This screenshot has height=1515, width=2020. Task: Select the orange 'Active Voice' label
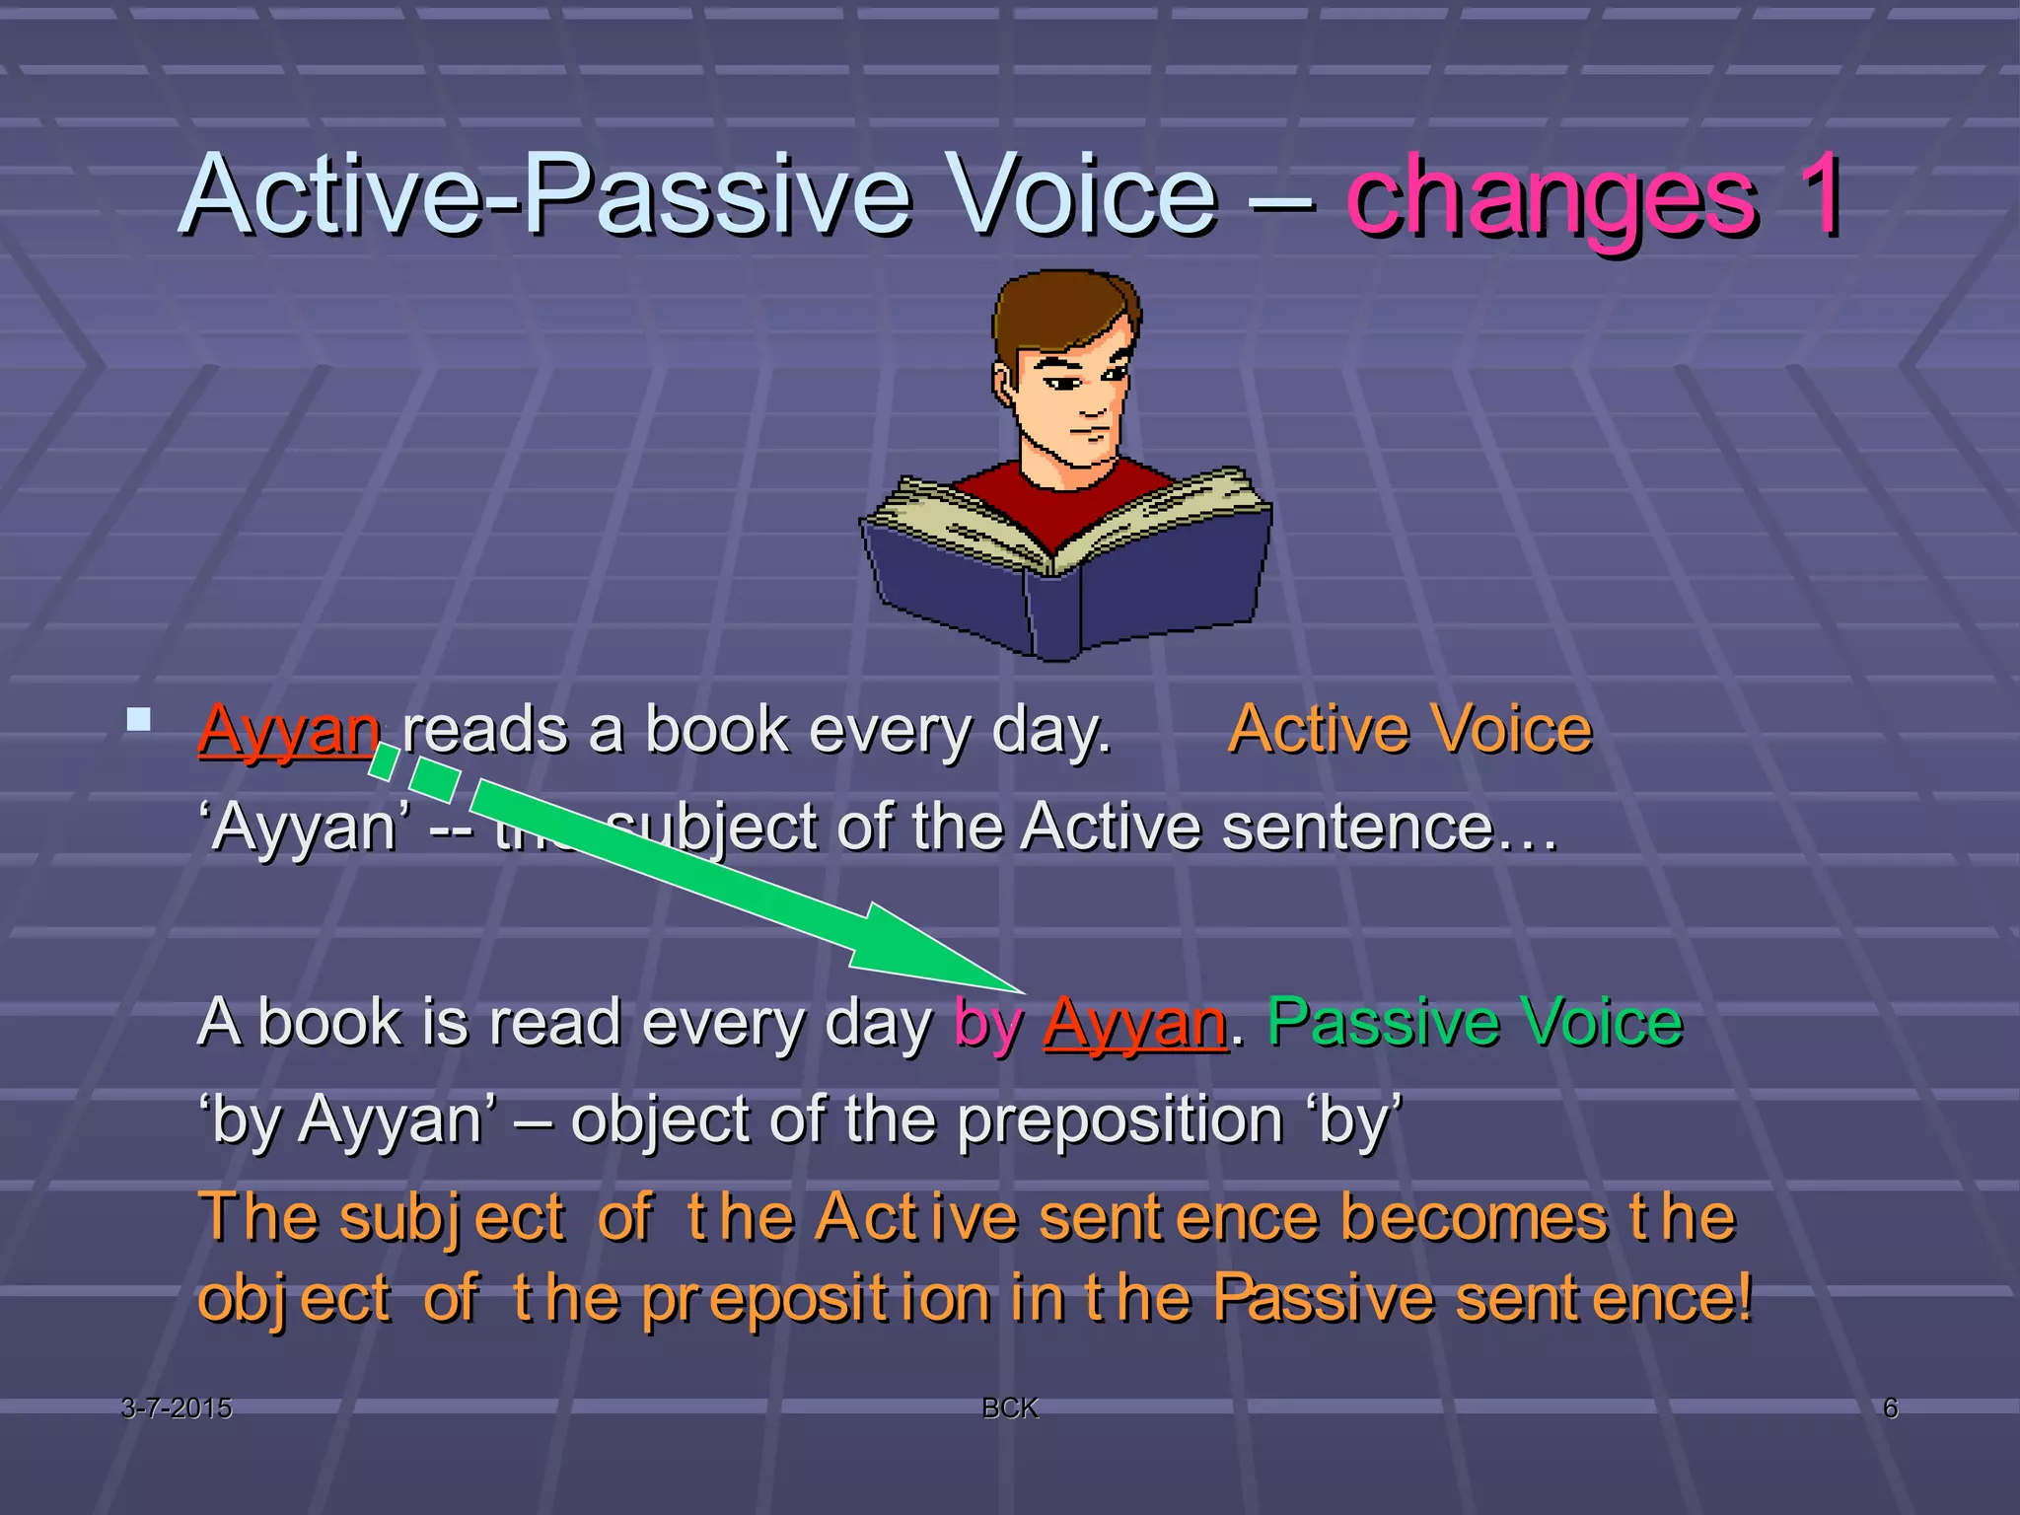point(1409,730)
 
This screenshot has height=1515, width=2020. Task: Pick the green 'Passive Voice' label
point(1475,1022)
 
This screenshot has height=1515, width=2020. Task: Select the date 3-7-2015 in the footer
point(177,1407)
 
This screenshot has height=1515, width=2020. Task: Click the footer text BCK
point(1010,1407)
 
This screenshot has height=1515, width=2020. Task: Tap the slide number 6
point(1890,1407)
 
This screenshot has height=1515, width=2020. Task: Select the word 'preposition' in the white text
point(1120,1121)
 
